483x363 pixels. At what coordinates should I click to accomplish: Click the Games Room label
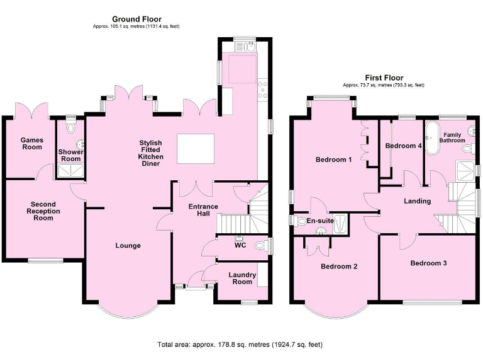pyautogui.click(x=31, y=143)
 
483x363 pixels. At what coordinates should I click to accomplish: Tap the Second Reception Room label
pyautogui.click(x=43, y=211)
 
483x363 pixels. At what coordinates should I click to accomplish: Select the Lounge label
pyautogui.click(x=128, y=245)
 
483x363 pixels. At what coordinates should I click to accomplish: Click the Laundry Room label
pyautogui.click(x=242, y=278)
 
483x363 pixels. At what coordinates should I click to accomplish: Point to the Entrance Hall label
pyautogui.click(x=204, y=210)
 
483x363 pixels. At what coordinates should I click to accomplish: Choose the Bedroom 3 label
pyautogui.click(x=428, y=262)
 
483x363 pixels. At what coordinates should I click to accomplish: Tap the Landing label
pyautogui.click(x=418, y=201)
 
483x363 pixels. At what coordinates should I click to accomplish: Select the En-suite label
pyautogui.click(x=321, y=221)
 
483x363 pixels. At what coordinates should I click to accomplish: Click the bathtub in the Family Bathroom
pyautogui.click(x=432, y=138)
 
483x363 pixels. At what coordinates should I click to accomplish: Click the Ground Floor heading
pyautogui.click(x=136, y=20)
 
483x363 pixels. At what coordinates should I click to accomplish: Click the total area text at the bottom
pyautogui.click(x=240, y=345)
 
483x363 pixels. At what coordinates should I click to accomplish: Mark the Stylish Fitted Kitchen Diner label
pyautogui.click(x=151, y=153)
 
